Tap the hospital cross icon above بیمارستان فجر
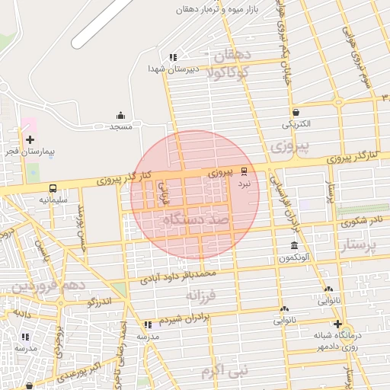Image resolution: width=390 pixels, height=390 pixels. pos(30,139)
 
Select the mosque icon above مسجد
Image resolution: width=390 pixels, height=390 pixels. pos(120,116)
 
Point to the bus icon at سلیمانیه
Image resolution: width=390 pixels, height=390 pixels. pos(53,187)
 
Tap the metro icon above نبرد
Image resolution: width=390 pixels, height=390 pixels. pos(244,171)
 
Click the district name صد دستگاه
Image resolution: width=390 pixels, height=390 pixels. pos(195,219)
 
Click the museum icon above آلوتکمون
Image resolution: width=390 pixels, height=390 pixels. pos(294,245)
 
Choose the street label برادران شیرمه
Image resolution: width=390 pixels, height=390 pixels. pos(185,318)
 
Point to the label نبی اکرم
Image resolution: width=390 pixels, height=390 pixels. pos(225,372)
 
